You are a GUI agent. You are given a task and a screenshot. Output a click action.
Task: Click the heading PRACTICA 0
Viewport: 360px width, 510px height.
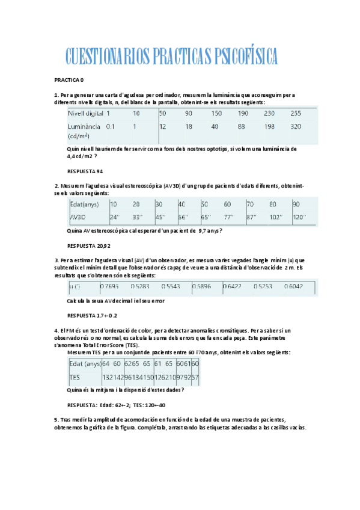coord(69,79)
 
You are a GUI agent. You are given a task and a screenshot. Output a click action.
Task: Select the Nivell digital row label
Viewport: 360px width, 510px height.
coord(84,113)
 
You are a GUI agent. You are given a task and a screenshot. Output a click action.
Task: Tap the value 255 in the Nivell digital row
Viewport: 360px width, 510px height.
coord(296,113)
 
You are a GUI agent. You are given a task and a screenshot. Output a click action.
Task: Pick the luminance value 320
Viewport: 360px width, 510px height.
coord(296,127)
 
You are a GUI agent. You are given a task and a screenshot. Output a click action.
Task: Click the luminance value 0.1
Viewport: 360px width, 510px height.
coord(111,127)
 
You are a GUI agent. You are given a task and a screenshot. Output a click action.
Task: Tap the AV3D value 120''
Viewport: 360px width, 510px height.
coord(299,217)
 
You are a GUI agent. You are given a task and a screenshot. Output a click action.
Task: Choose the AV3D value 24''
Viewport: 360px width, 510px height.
coord(115,217)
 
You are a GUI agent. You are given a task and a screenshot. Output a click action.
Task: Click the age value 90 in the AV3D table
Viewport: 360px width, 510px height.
coord(296,204)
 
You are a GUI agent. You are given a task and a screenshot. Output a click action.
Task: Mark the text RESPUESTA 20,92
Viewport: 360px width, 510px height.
coord(89,246)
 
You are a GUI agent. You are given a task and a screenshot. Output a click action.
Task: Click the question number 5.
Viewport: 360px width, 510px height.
coord(55,418)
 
